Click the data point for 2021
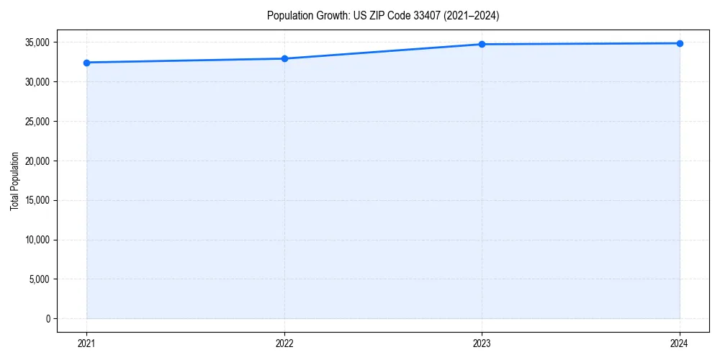[86, 63]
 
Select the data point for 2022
[284, 58]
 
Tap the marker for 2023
[482, 45]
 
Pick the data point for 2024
[680, 43]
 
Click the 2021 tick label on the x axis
[86, 343]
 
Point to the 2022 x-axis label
[284, 343]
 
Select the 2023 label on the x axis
[482, 343]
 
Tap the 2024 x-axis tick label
[680, 343]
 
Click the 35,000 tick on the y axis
[37, 42]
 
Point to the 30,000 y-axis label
[37, 82]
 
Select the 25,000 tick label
[37, 122]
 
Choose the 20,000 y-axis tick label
[37, 161]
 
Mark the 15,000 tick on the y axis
[37, 200]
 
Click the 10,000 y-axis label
[37, 240]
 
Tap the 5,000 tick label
[40, 279]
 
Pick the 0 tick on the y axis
[48, 318]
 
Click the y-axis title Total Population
[14, 181]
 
